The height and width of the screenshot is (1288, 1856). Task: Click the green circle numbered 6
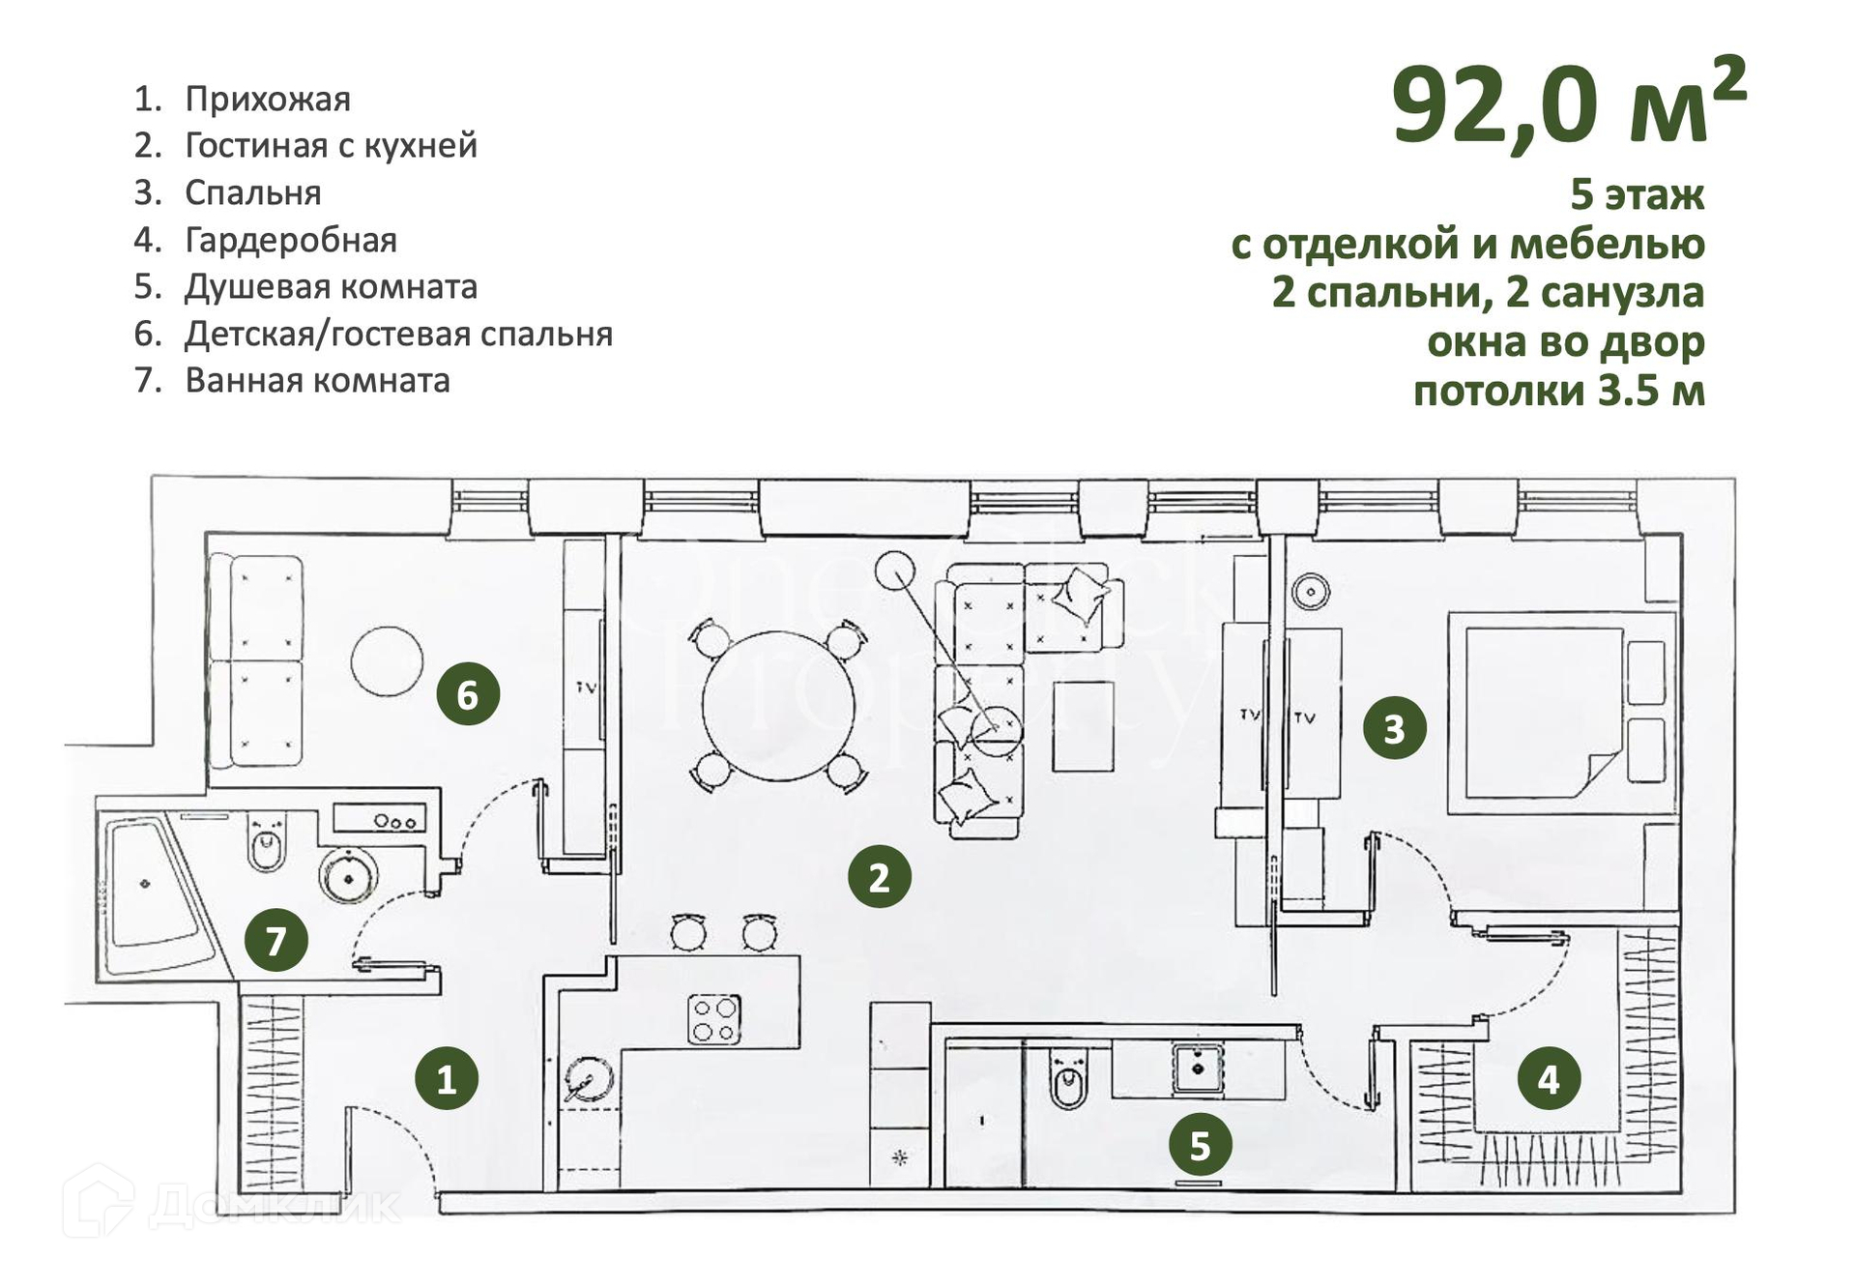[x=468, y=694]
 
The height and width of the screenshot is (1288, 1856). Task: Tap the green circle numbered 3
[x=1394, y=728]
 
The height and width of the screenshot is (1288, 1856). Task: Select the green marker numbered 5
[x=1200, y=1145]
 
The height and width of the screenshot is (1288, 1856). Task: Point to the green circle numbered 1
[x=447, y=1078]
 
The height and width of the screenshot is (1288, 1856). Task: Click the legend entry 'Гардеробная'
[x=290, y=240]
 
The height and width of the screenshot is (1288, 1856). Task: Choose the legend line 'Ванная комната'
[x=317, y=381]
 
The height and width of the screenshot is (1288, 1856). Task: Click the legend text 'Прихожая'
[x=267, y=99]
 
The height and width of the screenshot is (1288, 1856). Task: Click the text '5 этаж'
[x=1637, y=194]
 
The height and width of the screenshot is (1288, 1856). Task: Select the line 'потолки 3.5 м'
[x=1558, y=392]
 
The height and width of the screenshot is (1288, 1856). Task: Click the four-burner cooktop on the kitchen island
[x=714, y=1019]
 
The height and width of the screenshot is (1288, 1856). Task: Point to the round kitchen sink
[x=589, y=1081]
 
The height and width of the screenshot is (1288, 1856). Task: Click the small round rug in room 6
[x=387, y=660]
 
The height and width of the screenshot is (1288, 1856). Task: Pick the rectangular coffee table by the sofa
[x=1083, y=726]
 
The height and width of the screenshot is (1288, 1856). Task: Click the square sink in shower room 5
[x=1198, y=1068]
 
